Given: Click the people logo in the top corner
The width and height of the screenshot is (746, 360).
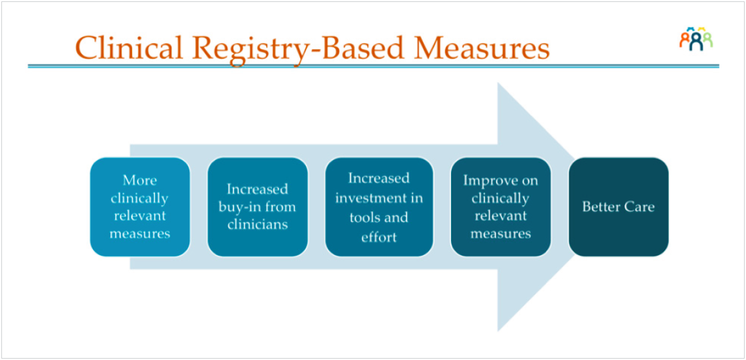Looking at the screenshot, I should tap(695, 40).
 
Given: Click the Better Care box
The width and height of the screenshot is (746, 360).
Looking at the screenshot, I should tap(618, 207).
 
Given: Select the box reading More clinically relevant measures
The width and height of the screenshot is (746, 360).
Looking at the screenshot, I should tap(140, 207).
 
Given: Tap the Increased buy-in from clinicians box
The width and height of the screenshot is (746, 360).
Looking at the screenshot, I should tap(258, 207).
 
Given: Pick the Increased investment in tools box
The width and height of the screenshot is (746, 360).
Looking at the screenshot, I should tap(379, 207).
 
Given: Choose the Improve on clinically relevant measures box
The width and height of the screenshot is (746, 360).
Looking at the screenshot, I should tap(500, 207).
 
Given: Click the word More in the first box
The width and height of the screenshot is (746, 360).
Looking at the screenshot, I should tap(140, 180).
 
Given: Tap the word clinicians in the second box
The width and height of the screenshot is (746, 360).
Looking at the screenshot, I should tap(258, 225).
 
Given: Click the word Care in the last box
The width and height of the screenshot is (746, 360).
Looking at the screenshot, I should tap(638, 207).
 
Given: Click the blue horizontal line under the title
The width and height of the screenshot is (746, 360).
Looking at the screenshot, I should tap(372, 66).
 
